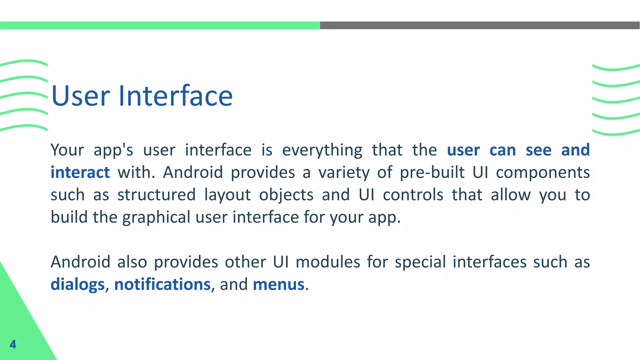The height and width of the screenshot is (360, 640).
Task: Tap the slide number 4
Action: pos(13,344)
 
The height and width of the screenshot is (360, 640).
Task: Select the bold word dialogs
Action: pos(77,284)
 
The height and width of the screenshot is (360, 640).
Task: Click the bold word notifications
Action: pos(162,284)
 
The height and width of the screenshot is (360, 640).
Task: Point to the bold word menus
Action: pos(278,284)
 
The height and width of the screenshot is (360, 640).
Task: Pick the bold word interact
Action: pos(80,172)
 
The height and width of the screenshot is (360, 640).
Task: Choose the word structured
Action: pos(157,195)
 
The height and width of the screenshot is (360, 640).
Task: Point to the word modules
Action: pos(328,262)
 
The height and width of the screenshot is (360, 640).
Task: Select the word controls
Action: pos(413,195)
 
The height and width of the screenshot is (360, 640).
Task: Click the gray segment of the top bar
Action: pos(480,25)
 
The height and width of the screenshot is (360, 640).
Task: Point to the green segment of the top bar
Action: pos(160,25)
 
